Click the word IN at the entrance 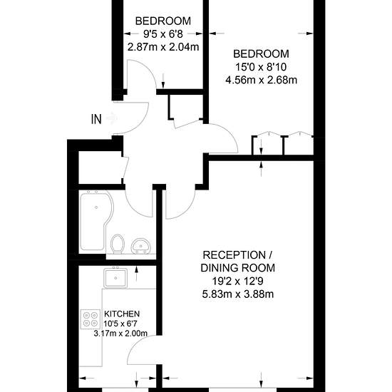coord(96,119)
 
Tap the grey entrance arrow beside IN coord(111,118)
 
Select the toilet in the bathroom coord(118,244)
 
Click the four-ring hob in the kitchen coord(91,319)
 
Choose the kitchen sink coord(115,278)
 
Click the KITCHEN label coord(122,314)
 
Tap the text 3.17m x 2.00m coord(120,334)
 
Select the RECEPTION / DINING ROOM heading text coord(238,262)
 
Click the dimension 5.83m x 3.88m coord(238,294)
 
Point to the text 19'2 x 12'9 coord(238,282)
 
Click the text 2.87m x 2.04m coord(163,47)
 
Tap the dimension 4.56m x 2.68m coord(262,81)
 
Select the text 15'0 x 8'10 coord(261,67)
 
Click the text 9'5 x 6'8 coord(163,34)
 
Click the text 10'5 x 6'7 coord(120,324)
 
